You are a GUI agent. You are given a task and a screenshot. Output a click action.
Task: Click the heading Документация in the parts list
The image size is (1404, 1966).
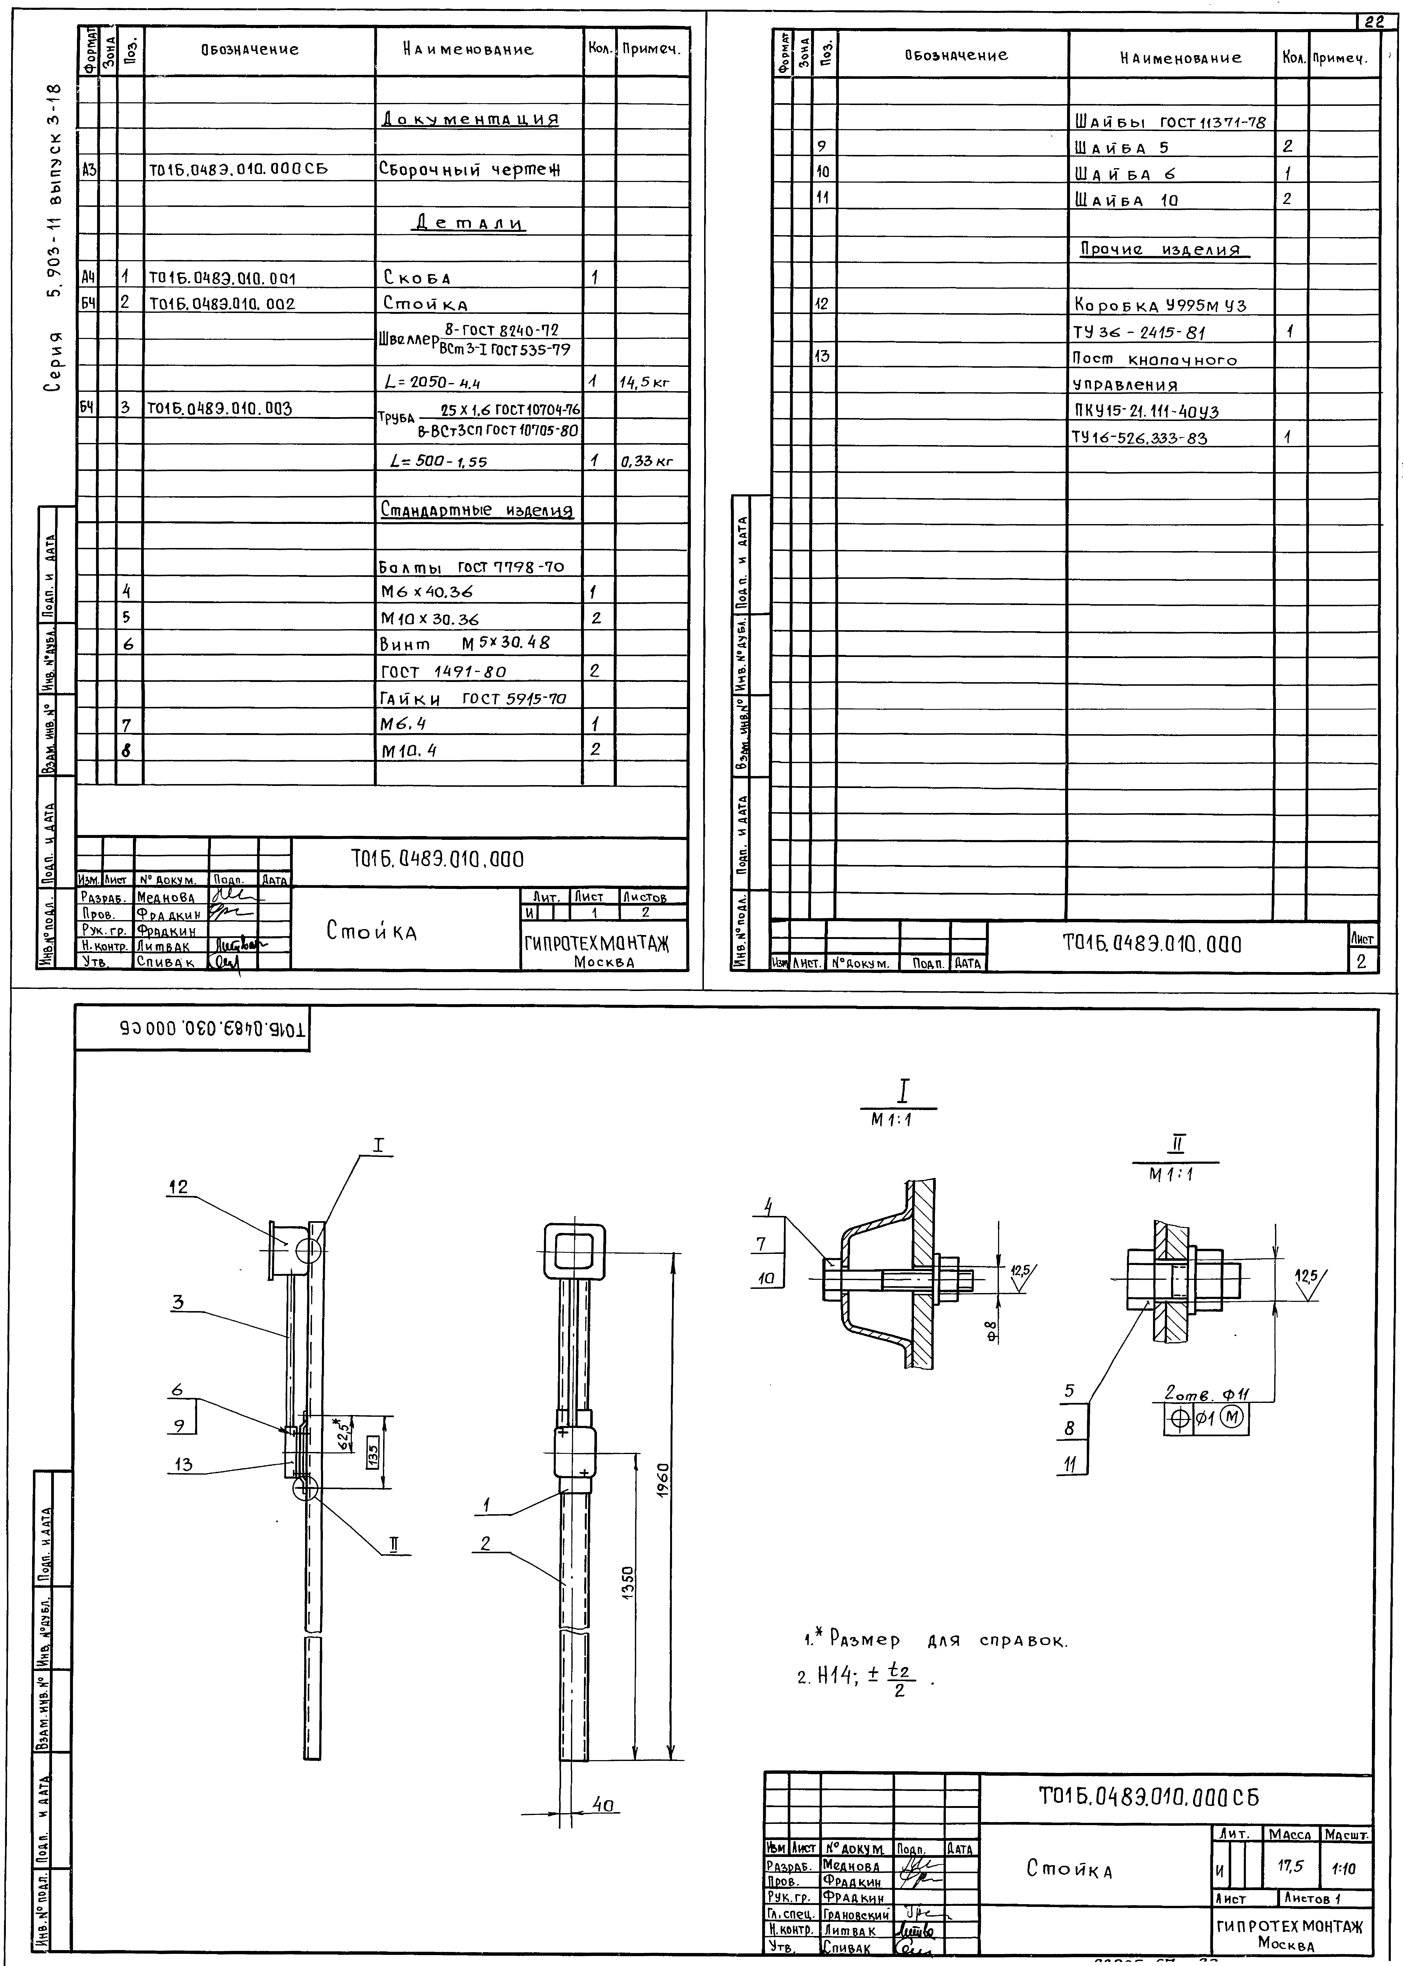tap(469, 119)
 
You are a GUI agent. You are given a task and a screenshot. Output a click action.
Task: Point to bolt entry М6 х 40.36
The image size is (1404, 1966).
tap(426, 592)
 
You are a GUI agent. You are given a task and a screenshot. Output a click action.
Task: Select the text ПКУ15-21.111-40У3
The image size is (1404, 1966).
tap(1145, 411)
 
